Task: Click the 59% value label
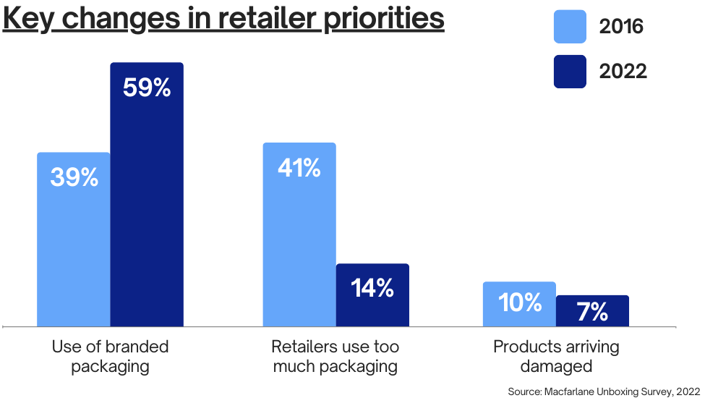(x=147, y=88)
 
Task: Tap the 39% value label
(x=74, y=177)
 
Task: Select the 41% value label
(x=299, y=168)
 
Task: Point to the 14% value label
(x=372, y=288)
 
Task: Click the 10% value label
(x=520, y=302)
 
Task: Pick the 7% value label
(x=593, y=312)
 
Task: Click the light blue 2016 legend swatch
(x=570, y=27)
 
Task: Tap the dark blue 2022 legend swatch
(x=570, y=72)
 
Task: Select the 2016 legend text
(x=621, y=27)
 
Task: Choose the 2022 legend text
(x=623, y=71)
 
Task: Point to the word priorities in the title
(x=384, y=20)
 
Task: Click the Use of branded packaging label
(x=110, y=356)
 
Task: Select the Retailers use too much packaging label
(x=336, y=356)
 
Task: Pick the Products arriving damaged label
(x=556, y=356)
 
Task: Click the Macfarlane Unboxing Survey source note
(x=604, y=391)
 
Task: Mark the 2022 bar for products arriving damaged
(x=593, y=310)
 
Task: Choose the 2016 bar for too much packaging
(x=299, y=234)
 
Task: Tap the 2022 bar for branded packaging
(x=147, y=194)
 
